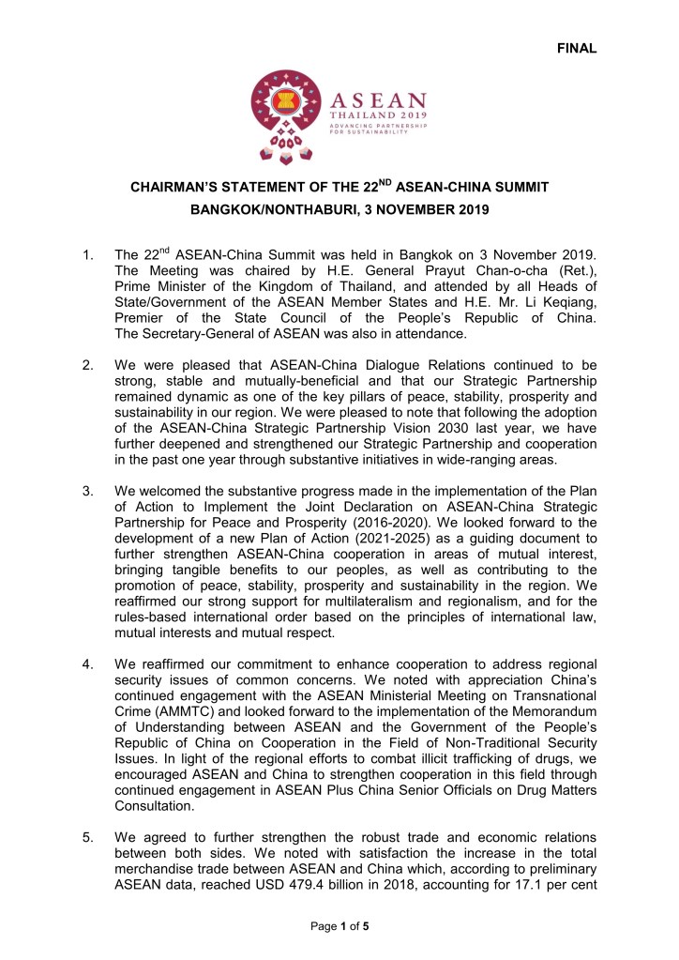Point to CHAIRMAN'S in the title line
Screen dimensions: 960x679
coord(170,188)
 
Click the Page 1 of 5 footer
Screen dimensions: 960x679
coord(339,927)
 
